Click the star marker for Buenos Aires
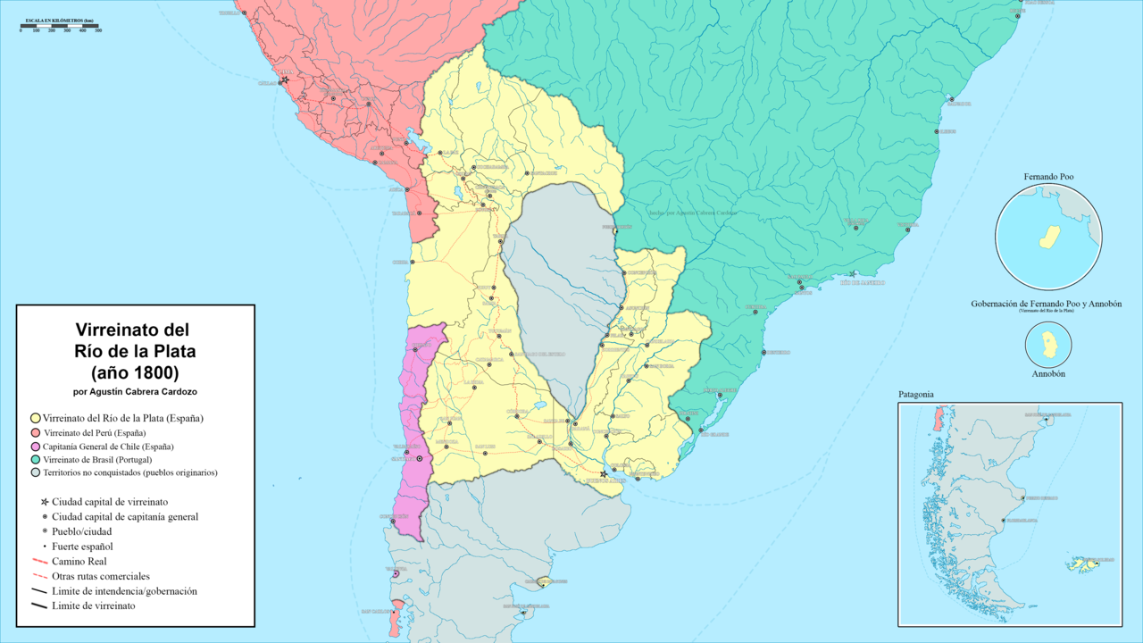pos(604,473)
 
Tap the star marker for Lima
pos(285,80)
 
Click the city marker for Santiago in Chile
pos(420,459)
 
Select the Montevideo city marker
pos(638,479)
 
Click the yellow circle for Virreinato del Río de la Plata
pos(35,418)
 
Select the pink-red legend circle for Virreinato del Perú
pos(35,432)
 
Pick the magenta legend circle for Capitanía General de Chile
pos(35,446)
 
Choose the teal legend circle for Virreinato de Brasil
pos(35,459)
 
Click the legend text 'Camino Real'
pos(80,561)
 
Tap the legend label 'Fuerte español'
pos(82,546)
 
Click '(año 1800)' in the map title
pos(135,372)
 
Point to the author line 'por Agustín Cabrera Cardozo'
pos(135,391)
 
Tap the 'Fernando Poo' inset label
pos(1048,177)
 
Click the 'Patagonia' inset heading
pos(915,394)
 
